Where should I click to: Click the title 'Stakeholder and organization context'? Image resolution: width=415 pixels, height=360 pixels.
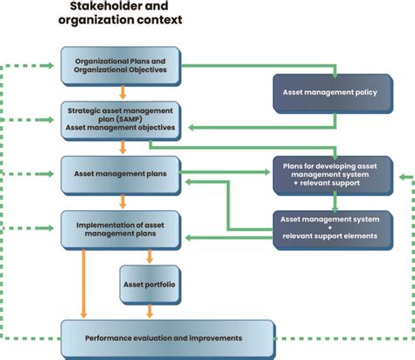point(120,14)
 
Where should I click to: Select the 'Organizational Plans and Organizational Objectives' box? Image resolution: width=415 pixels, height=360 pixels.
point(120,65)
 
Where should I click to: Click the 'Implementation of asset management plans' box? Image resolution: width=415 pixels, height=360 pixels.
point(120,227)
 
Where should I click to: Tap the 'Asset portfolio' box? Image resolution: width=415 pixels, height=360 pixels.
point(151,284)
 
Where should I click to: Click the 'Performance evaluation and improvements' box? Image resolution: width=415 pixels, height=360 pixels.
point(164,337)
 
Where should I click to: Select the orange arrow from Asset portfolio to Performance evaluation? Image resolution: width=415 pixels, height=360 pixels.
point(151,310)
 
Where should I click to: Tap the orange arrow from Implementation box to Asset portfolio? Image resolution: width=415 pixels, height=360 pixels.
point(151,255)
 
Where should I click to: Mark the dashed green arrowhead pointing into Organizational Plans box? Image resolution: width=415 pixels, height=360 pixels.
point(55,64)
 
